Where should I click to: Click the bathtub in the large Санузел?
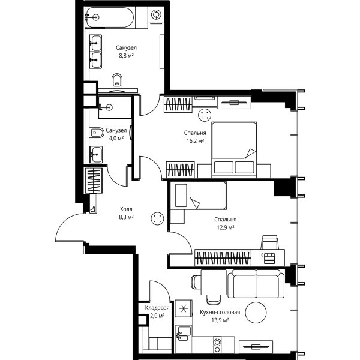pos(109,17)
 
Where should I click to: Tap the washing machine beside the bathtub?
pos(156,14)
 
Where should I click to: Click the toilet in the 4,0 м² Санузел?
pos(97,133)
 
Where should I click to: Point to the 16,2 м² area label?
pos(195,140)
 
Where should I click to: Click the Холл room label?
pos(126,209)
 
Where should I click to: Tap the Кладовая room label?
pos(157,308)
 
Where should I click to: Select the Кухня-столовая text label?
pos(220,312)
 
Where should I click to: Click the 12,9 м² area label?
pos(226,227)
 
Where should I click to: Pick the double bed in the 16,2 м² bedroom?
pos(234,149)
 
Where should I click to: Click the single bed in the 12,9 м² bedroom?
pos(199,196)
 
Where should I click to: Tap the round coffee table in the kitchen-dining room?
pos(256,312)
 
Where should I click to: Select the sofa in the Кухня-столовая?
pos(256,284)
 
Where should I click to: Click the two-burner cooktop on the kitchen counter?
pos(217,344)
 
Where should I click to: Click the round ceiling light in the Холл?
pos(157,218)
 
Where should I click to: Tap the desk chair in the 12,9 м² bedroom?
pos(270,242)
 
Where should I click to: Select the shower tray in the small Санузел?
pos(115,107)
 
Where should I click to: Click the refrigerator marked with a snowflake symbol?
pos(184,308)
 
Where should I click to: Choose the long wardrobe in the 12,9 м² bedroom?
pos(223,258)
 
